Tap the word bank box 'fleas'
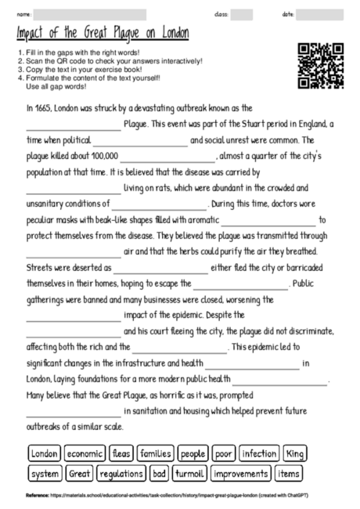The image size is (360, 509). [121, 453]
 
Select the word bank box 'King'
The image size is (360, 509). [295, 453]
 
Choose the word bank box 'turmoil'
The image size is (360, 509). [189, 474]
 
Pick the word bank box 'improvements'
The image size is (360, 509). [241, 474]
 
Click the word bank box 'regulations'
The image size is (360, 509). [121, 474]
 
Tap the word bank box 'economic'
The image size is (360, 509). [85, 453]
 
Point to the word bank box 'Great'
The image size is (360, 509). [79, 474]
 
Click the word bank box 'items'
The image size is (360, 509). [289, 474]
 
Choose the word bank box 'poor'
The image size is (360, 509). [224, 453]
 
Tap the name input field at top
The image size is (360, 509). [90, 14]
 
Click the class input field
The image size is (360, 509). [242, 14]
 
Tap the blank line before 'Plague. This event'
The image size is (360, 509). [74, 124]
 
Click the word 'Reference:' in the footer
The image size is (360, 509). [37, 496]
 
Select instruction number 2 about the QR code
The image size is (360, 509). [109, 60]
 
